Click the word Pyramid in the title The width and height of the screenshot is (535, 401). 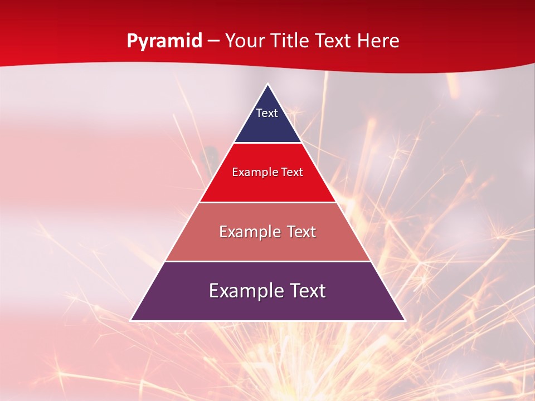click(164, 41)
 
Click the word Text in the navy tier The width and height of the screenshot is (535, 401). click(267, 113)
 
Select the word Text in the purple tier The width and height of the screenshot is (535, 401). click(305, 291)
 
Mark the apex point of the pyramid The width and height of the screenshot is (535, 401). click(267, 84)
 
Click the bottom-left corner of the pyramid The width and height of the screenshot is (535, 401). click(131, 320)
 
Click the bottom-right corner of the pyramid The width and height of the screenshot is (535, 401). click(405, 320)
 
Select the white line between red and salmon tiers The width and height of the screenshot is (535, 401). click(267, 202)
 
